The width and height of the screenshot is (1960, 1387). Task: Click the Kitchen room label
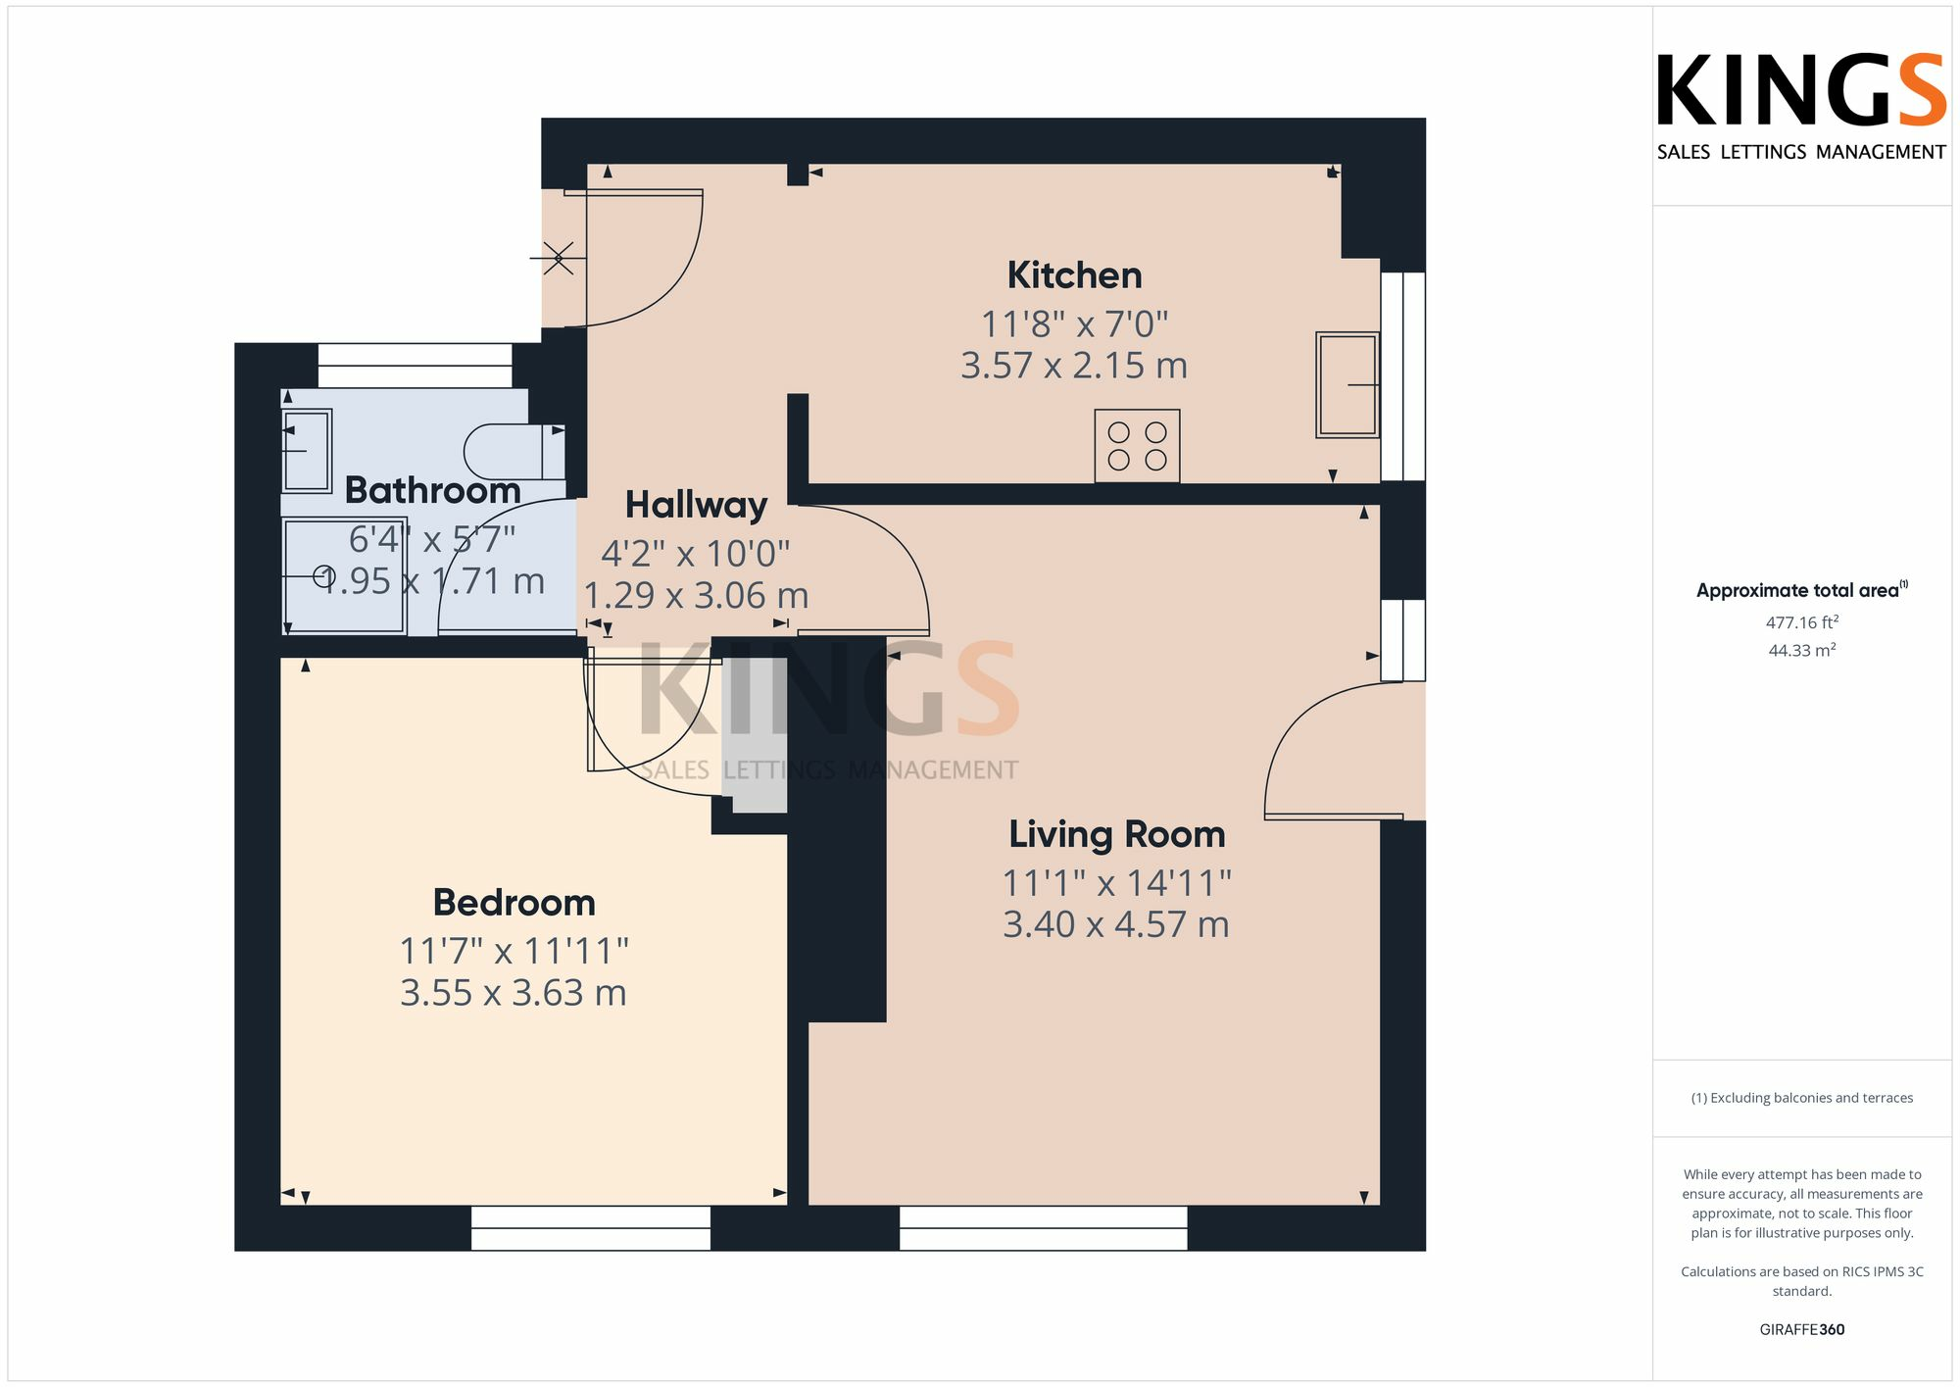pos(1074,275)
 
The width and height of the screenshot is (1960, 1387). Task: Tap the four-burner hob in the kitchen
pos(1137,446)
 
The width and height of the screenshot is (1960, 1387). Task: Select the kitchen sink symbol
pos(1347,384)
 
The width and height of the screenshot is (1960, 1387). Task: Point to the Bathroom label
pos(432,490)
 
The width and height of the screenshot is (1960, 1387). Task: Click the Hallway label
pos(696,505)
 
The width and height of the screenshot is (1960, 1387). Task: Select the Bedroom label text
pos(514,902)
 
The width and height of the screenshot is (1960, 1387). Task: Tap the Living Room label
pos(1117,834)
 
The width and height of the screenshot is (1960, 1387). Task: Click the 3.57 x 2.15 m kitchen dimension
pos(1074,366)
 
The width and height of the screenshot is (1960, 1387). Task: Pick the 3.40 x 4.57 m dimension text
pos(1116,924)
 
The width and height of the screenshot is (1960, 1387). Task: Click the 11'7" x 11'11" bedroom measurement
pos(514,951)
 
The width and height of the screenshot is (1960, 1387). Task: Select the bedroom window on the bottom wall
pos(590,1227)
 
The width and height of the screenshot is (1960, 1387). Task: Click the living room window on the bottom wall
pos(1043,1227)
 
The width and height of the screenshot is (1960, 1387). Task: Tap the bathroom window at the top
pos(415,365)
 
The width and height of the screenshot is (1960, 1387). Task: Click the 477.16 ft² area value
pos(1801,622)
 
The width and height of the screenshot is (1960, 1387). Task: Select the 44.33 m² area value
pos(1801,650)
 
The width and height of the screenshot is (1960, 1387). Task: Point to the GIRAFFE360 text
pos(1801,1329)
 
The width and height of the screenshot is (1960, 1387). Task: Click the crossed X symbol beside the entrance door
pos(559,258)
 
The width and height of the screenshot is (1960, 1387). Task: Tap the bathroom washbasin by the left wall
pos(307,450)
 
